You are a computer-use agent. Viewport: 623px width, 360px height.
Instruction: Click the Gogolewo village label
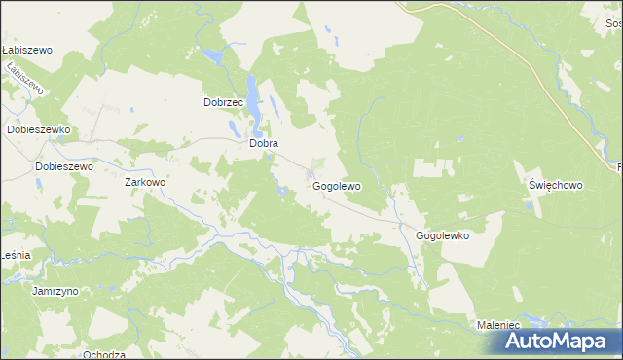pos(337,186)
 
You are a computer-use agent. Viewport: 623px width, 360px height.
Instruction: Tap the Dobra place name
pos(264,143)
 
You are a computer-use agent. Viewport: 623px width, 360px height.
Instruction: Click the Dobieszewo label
pos(63,166)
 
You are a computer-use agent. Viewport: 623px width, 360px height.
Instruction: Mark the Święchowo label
pos(555,184)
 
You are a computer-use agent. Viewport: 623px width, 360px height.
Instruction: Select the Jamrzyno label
pos(55,291)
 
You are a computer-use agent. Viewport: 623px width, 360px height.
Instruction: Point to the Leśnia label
pos(16,254)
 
